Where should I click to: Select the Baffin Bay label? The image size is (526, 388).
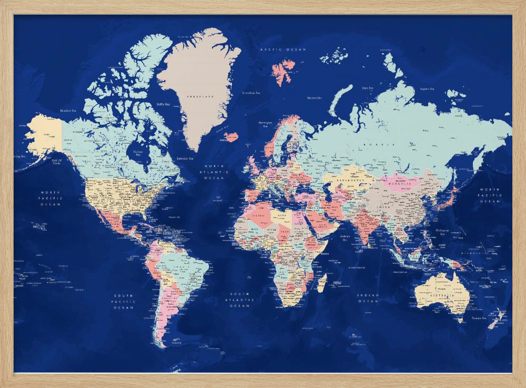[163, 104]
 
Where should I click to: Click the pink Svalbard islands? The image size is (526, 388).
[284, 71]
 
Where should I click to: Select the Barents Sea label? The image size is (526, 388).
[314, 97]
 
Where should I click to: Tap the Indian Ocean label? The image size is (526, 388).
[368, 299]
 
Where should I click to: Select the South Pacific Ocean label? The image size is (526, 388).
[124, 301]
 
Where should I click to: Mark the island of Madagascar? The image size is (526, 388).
[322, 283]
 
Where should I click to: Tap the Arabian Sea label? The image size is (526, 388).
[346, 237]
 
